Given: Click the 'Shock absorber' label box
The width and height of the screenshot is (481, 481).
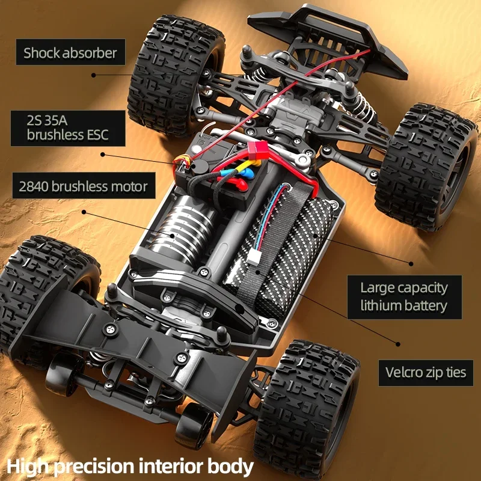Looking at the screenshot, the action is [70, 52].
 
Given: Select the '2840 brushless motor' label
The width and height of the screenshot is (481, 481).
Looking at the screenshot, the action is [83, 186].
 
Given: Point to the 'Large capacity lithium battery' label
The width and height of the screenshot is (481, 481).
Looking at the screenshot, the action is [404, 296].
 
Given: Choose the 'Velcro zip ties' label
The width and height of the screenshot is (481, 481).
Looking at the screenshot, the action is [426, 372].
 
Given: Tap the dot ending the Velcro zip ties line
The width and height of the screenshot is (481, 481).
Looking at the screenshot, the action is [398, 344].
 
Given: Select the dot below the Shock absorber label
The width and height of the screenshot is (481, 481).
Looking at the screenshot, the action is [94, 75].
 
